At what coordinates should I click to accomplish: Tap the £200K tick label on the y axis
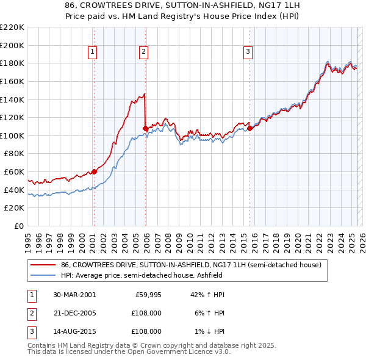[x=12, y=45]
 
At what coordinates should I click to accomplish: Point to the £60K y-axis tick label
[x=14, y=172]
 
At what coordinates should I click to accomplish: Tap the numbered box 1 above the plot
[x=92, y=52]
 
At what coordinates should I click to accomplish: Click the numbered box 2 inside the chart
[x=143, y=52]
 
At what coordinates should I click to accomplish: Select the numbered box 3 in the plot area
[x=248, y=52]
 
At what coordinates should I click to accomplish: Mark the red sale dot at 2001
[x=94, y=171]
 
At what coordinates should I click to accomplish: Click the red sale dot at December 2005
[x=145, y=128]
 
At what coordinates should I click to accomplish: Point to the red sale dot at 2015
[x=249, y=128]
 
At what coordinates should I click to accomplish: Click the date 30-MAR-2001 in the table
[x=74, y=295]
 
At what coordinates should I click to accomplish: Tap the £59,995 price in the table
[x=147, y=295]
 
